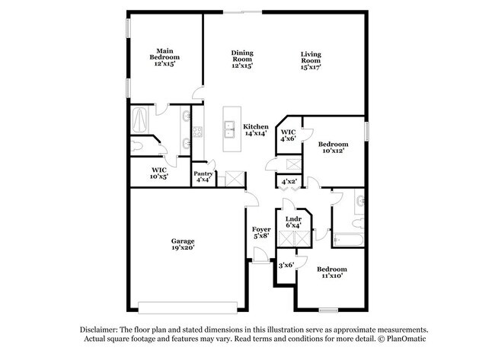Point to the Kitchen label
point(255,126)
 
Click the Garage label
point(183,241)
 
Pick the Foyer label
point(261,228)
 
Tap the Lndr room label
point(293,219)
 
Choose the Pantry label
point(203,174)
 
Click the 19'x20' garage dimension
point(183,249)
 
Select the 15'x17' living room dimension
point(311,67)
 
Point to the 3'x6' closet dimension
point(286,264)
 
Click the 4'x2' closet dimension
point(289,182)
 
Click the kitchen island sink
point(229,131)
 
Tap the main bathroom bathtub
point(142,119)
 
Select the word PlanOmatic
point(407,338)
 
